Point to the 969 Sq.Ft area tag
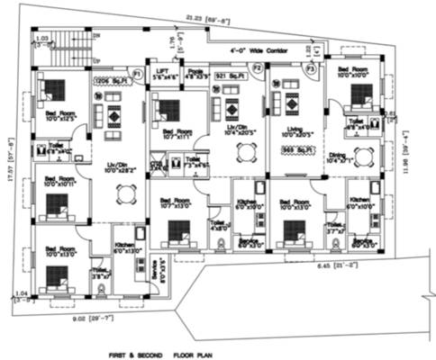click(x=296, y=148)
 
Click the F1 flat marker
click(x=137, y=71)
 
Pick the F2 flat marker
click(x=257, y=67)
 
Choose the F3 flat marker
click(x=311, y=67)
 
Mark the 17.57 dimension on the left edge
click(x=11, y=162)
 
